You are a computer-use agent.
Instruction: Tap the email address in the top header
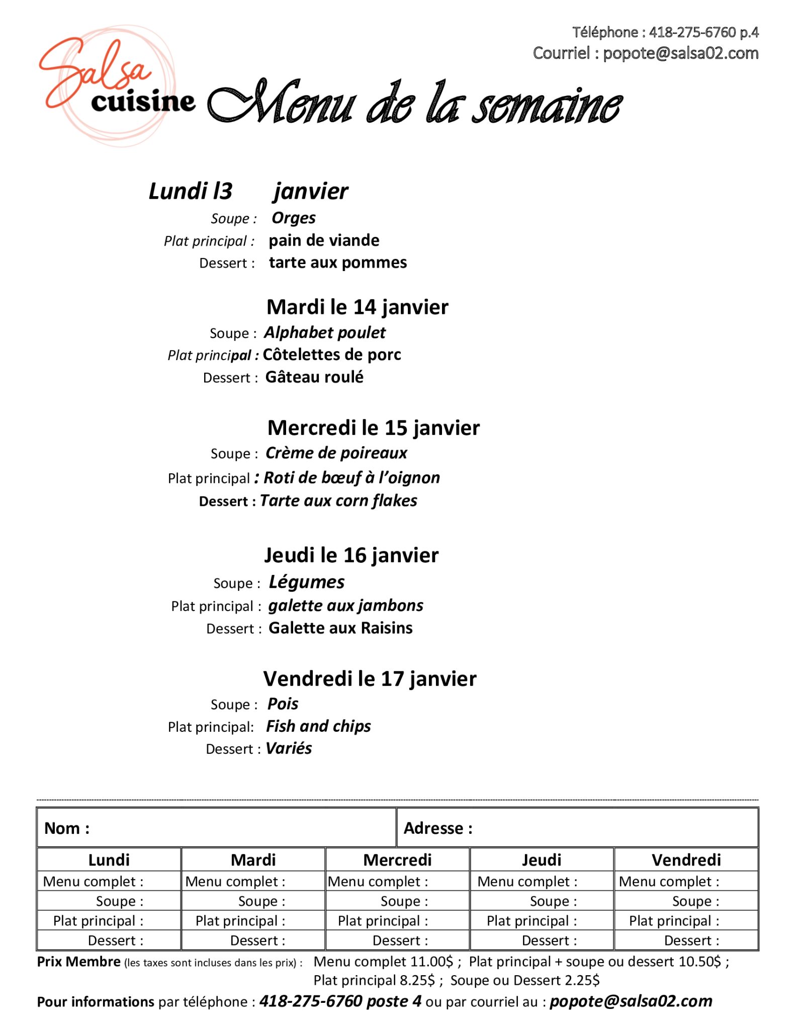[680, 53]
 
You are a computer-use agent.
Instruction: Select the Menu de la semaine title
[415, 103]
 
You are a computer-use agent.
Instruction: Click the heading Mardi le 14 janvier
[357, 307]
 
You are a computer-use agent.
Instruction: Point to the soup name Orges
[294, 218]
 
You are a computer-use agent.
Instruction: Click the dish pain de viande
[324, 240]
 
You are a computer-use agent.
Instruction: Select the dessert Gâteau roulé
[314, 377]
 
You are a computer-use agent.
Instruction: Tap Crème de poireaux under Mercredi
[336, 453]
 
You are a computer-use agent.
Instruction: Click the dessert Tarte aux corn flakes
[338, 501]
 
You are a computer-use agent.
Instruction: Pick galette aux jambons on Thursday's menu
[345, 606]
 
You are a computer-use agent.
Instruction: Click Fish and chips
[318, 726]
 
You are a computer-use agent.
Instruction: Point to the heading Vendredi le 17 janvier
[370, 679]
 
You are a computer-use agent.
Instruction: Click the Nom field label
[67, 828]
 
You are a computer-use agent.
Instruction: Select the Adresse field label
[438, 828]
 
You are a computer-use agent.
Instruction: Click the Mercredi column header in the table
[397, 860]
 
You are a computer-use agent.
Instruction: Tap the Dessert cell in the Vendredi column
[691, 940]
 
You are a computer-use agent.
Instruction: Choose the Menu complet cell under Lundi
[93, 882]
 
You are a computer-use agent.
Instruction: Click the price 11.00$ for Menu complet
[431, 962]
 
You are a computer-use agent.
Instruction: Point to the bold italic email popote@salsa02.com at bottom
[631, 1001]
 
